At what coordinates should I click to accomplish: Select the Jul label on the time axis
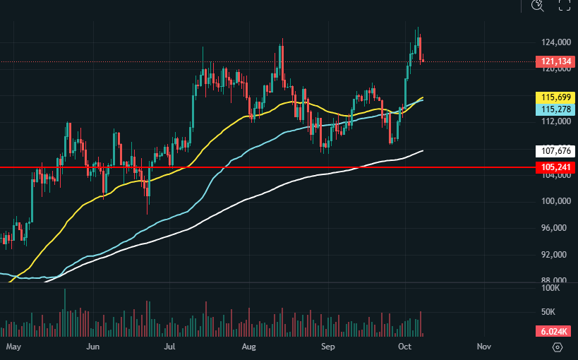tap(169, 347)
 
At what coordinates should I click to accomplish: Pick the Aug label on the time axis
tap(248, 347)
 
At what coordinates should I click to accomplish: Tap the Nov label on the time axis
tap(483, 347)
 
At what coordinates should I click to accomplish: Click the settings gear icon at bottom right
tap(558, 347)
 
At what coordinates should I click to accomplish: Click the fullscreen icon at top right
tap(564, 6)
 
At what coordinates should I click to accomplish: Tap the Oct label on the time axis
tap(405, 347)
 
